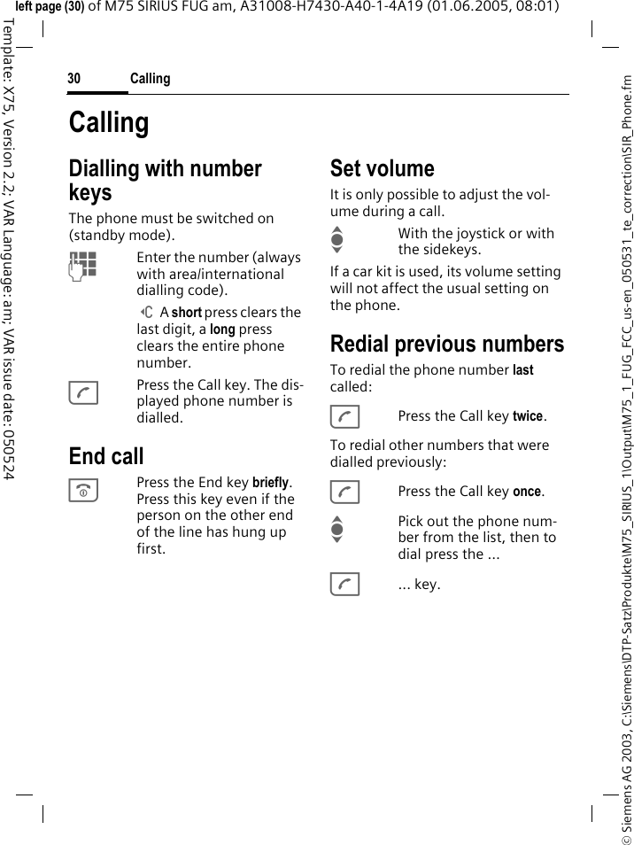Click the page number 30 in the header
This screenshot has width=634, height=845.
(x=74, y=79)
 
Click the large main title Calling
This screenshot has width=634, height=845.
(x=109, y=122)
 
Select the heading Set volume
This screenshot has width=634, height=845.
(x=382, y=168)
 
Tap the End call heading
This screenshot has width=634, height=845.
(x=106, y=456)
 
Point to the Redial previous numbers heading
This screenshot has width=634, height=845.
(x=446, y=344)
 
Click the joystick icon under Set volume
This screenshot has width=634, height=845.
(x=336, y=241)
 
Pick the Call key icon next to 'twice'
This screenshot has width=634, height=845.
(x=344, y=416)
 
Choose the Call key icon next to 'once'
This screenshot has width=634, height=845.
(x=344, y=492)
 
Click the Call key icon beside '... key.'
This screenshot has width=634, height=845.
(x=344, y=585)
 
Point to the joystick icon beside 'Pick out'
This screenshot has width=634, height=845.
(x=336, y=529)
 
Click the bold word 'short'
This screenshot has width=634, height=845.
(x=187, y=313)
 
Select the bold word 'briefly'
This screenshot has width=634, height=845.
(x=270, y=483)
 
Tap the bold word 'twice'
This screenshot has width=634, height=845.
(x=528, y=416)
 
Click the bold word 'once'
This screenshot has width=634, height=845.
(x=527, y=492)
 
